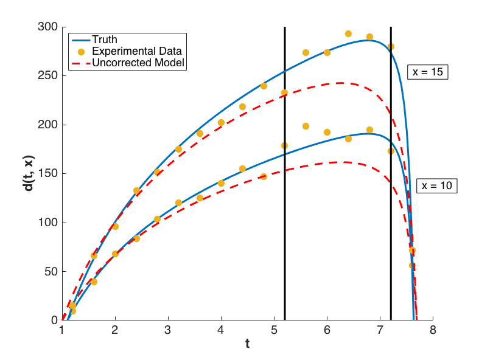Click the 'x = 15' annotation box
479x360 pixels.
pyautogui.click(x=427, y=71)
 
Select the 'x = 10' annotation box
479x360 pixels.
pyautogui.click(x=436, y=185)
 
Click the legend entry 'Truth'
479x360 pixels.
pyautogui.click(x=104, y=40)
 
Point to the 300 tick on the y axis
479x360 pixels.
pyautogui.click(x=49, y=27)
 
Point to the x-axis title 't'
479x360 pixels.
pyautogui.click(x=247, y=344)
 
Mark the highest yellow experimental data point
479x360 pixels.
pyautogui.click(x=348, y=34)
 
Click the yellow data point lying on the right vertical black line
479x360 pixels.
pyautogui.click(x=391, y=47)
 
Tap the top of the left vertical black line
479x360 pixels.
pyautogui.click(x=284, y=29)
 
